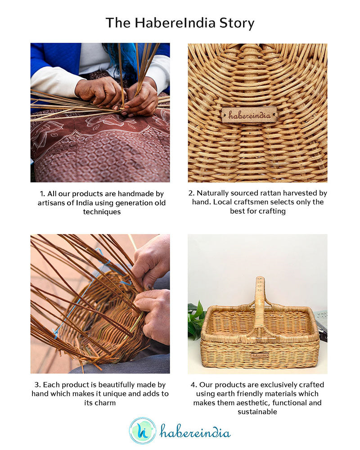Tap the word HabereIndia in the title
coord(175,22)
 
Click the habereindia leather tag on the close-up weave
coord(249,115)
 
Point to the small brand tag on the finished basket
coord(260,355)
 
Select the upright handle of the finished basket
coord(259,304)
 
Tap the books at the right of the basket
coord(322,324)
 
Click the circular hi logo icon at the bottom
coord(142,431)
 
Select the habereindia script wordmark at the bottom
coord(195,432)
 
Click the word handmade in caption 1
coord(134,193)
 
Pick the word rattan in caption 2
coord(265,193)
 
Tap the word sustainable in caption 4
coord(257,412)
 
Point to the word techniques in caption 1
coord(102,212)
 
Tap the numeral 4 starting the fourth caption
coord(193,385)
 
